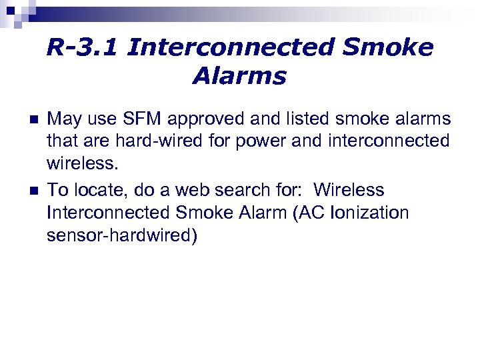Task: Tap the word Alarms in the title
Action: pyautogui.click(x=239, y=77)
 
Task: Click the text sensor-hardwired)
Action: pyautogui.click(x=122, y=236)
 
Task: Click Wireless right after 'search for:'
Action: pyautogui.click(x=349, y=191)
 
